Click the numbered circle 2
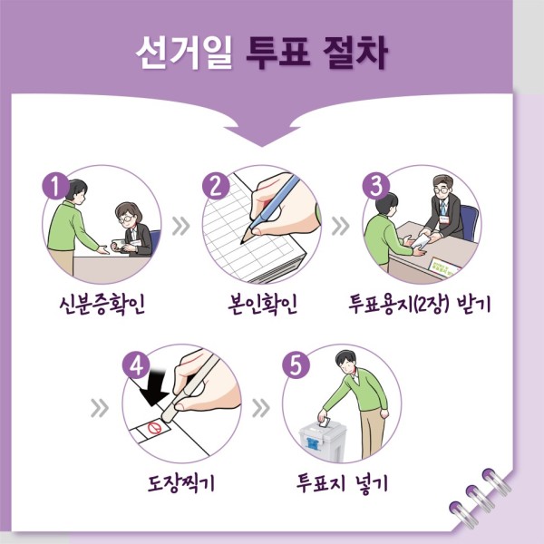pyautogui.click(x=216, y=186)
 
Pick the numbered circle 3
pyautogui.click(x=376, y=186)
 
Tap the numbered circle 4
pyautogui.click(x=136, y=365)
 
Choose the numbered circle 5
pyautogui.click(x=296, y=365)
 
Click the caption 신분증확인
pyautogui.click(x=102, y=305)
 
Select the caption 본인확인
pyautogui.click(x=263, y=305)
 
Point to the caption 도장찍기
pyautogui.click(x=181, y=482)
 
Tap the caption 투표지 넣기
pyautogui.click(x=342, y=482)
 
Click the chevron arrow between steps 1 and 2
pyautogui.click(x=181, y=226)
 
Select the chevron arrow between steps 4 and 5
pyautogui.click(x=261, y=408)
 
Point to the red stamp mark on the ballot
pyautogui.click(x=154, y=428)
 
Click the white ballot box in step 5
pyautogui.click(x=322, y=442)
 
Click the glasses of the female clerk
pyautogui.click(x=126, y=219)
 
